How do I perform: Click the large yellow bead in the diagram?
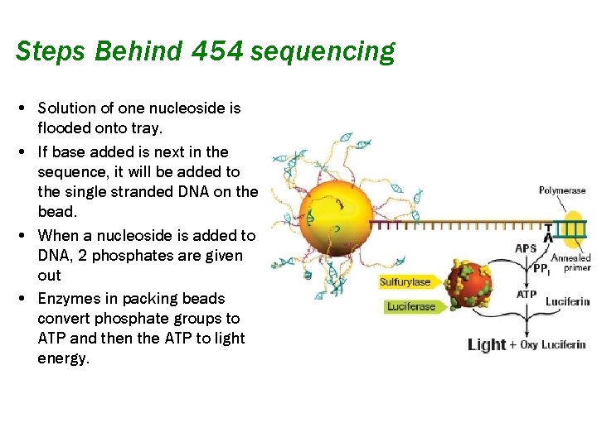pyautogui.click(x=332, y=219)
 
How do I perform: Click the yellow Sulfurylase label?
pyautogui.click(x=405, y=282)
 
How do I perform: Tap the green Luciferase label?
pyautogui.click(x=411, y=307)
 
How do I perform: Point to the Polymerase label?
pyautogui.click(x=562, y=190)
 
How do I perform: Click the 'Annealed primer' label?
pyautogui.click(x=571, y=262)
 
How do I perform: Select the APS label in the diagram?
pyautogui.click(x=526, y=248)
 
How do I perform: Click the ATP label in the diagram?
pyautogui.click(x=527, y=294)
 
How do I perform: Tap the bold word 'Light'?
pyautogui.click(x=487, y=344)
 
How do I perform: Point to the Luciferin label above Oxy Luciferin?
pyautogui.click(x=567, y=301)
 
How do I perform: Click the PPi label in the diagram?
pyautogui.click(x=541, y=269)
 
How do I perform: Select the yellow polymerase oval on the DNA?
pyautogui.click(x=572, y=225)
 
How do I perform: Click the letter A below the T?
pyautogui.click(x=548, y=238)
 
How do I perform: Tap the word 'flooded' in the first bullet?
pyautogui.click(x=65, y=128)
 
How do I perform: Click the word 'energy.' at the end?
pyautogui.click(x=63, y=358)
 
